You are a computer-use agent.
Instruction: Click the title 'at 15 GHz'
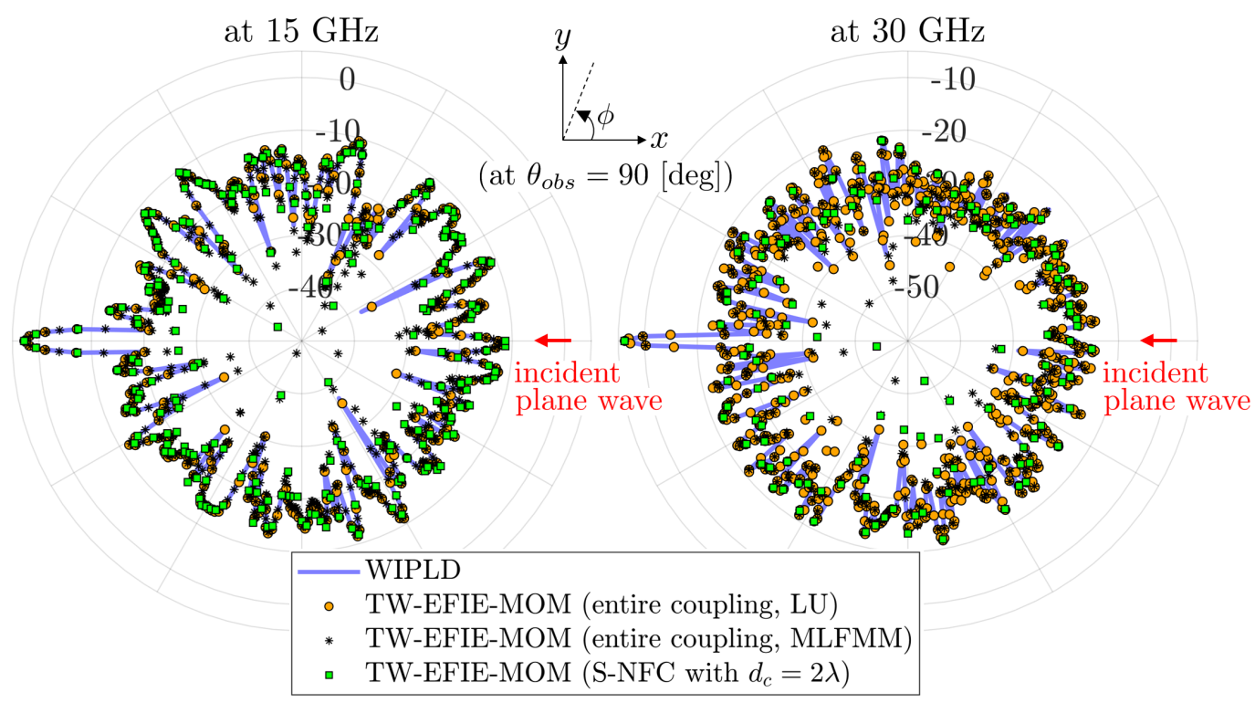[301, 33]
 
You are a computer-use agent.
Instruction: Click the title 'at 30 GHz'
[907, 33]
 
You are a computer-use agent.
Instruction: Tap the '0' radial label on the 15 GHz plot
[348, 79]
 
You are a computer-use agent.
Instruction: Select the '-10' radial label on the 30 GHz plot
[951, 79]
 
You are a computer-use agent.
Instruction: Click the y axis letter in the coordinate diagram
[562, 38]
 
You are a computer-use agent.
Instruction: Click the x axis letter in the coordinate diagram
[659, 139]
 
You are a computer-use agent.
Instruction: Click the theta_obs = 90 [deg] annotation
[605, 174]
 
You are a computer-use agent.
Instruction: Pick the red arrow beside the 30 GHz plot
[1158, 341]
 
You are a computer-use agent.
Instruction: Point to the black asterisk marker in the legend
[328, 639]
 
